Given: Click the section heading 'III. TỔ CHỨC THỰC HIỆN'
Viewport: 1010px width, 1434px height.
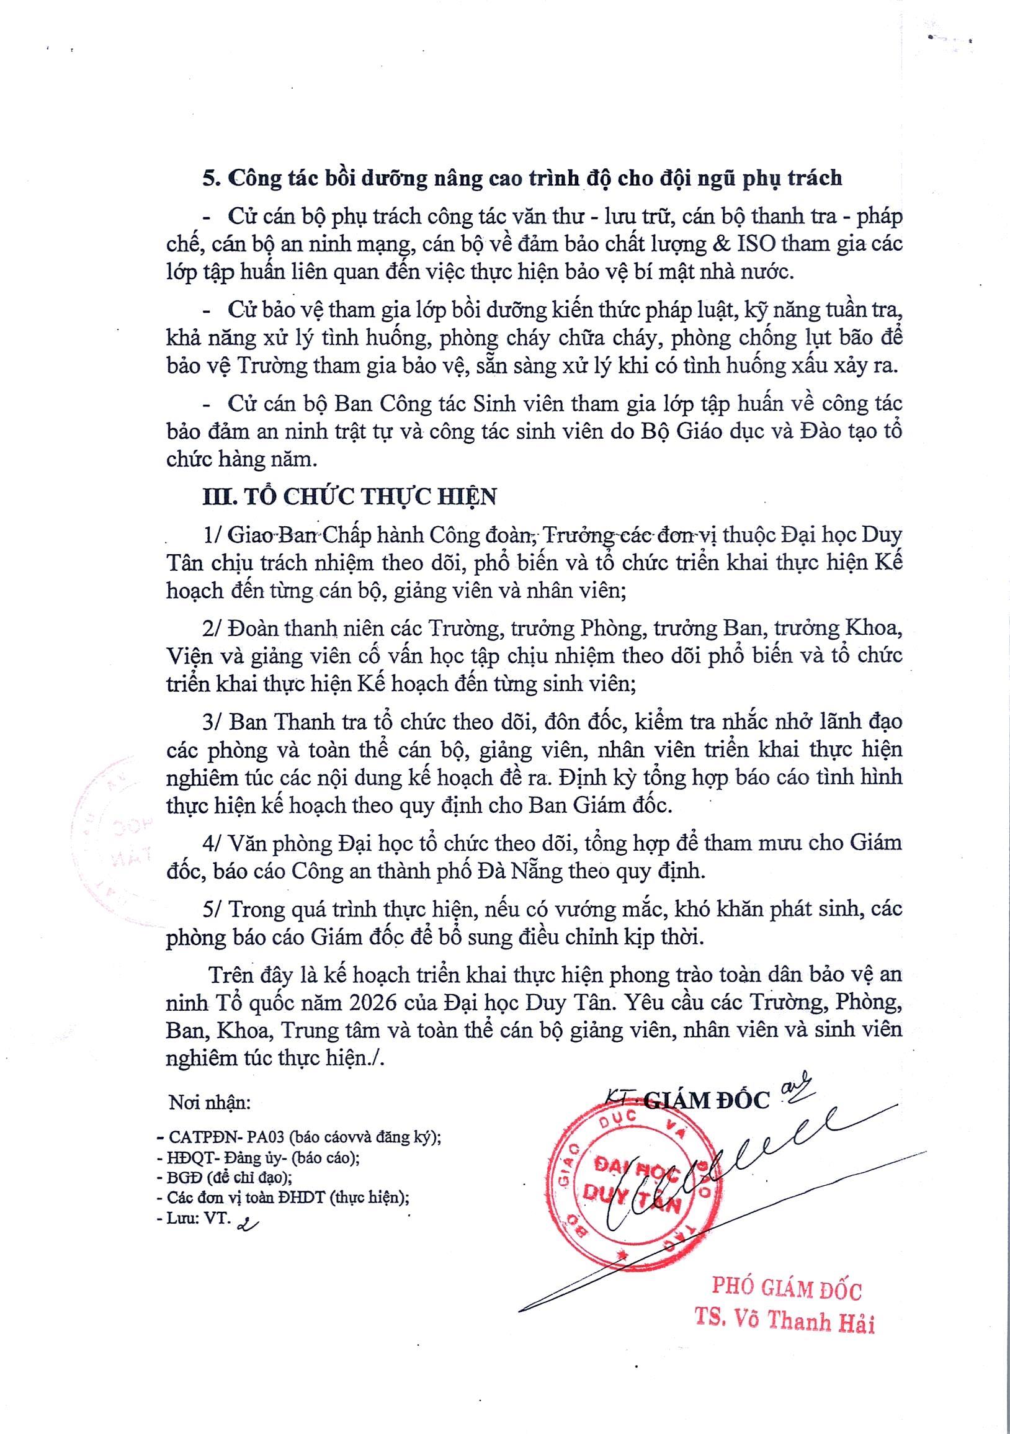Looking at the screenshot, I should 350,496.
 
